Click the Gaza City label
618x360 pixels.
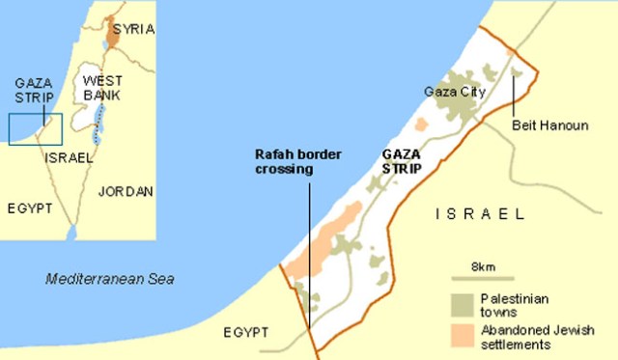(x=453, y=93)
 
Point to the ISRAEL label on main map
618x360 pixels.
(x=480, y=213)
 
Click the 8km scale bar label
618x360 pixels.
(x=483, y=265)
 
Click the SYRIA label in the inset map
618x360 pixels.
(x=133, y=30)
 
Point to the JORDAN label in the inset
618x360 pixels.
(x=126, y=191)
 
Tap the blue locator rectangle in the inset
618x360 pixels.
(x=35, y=128)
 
